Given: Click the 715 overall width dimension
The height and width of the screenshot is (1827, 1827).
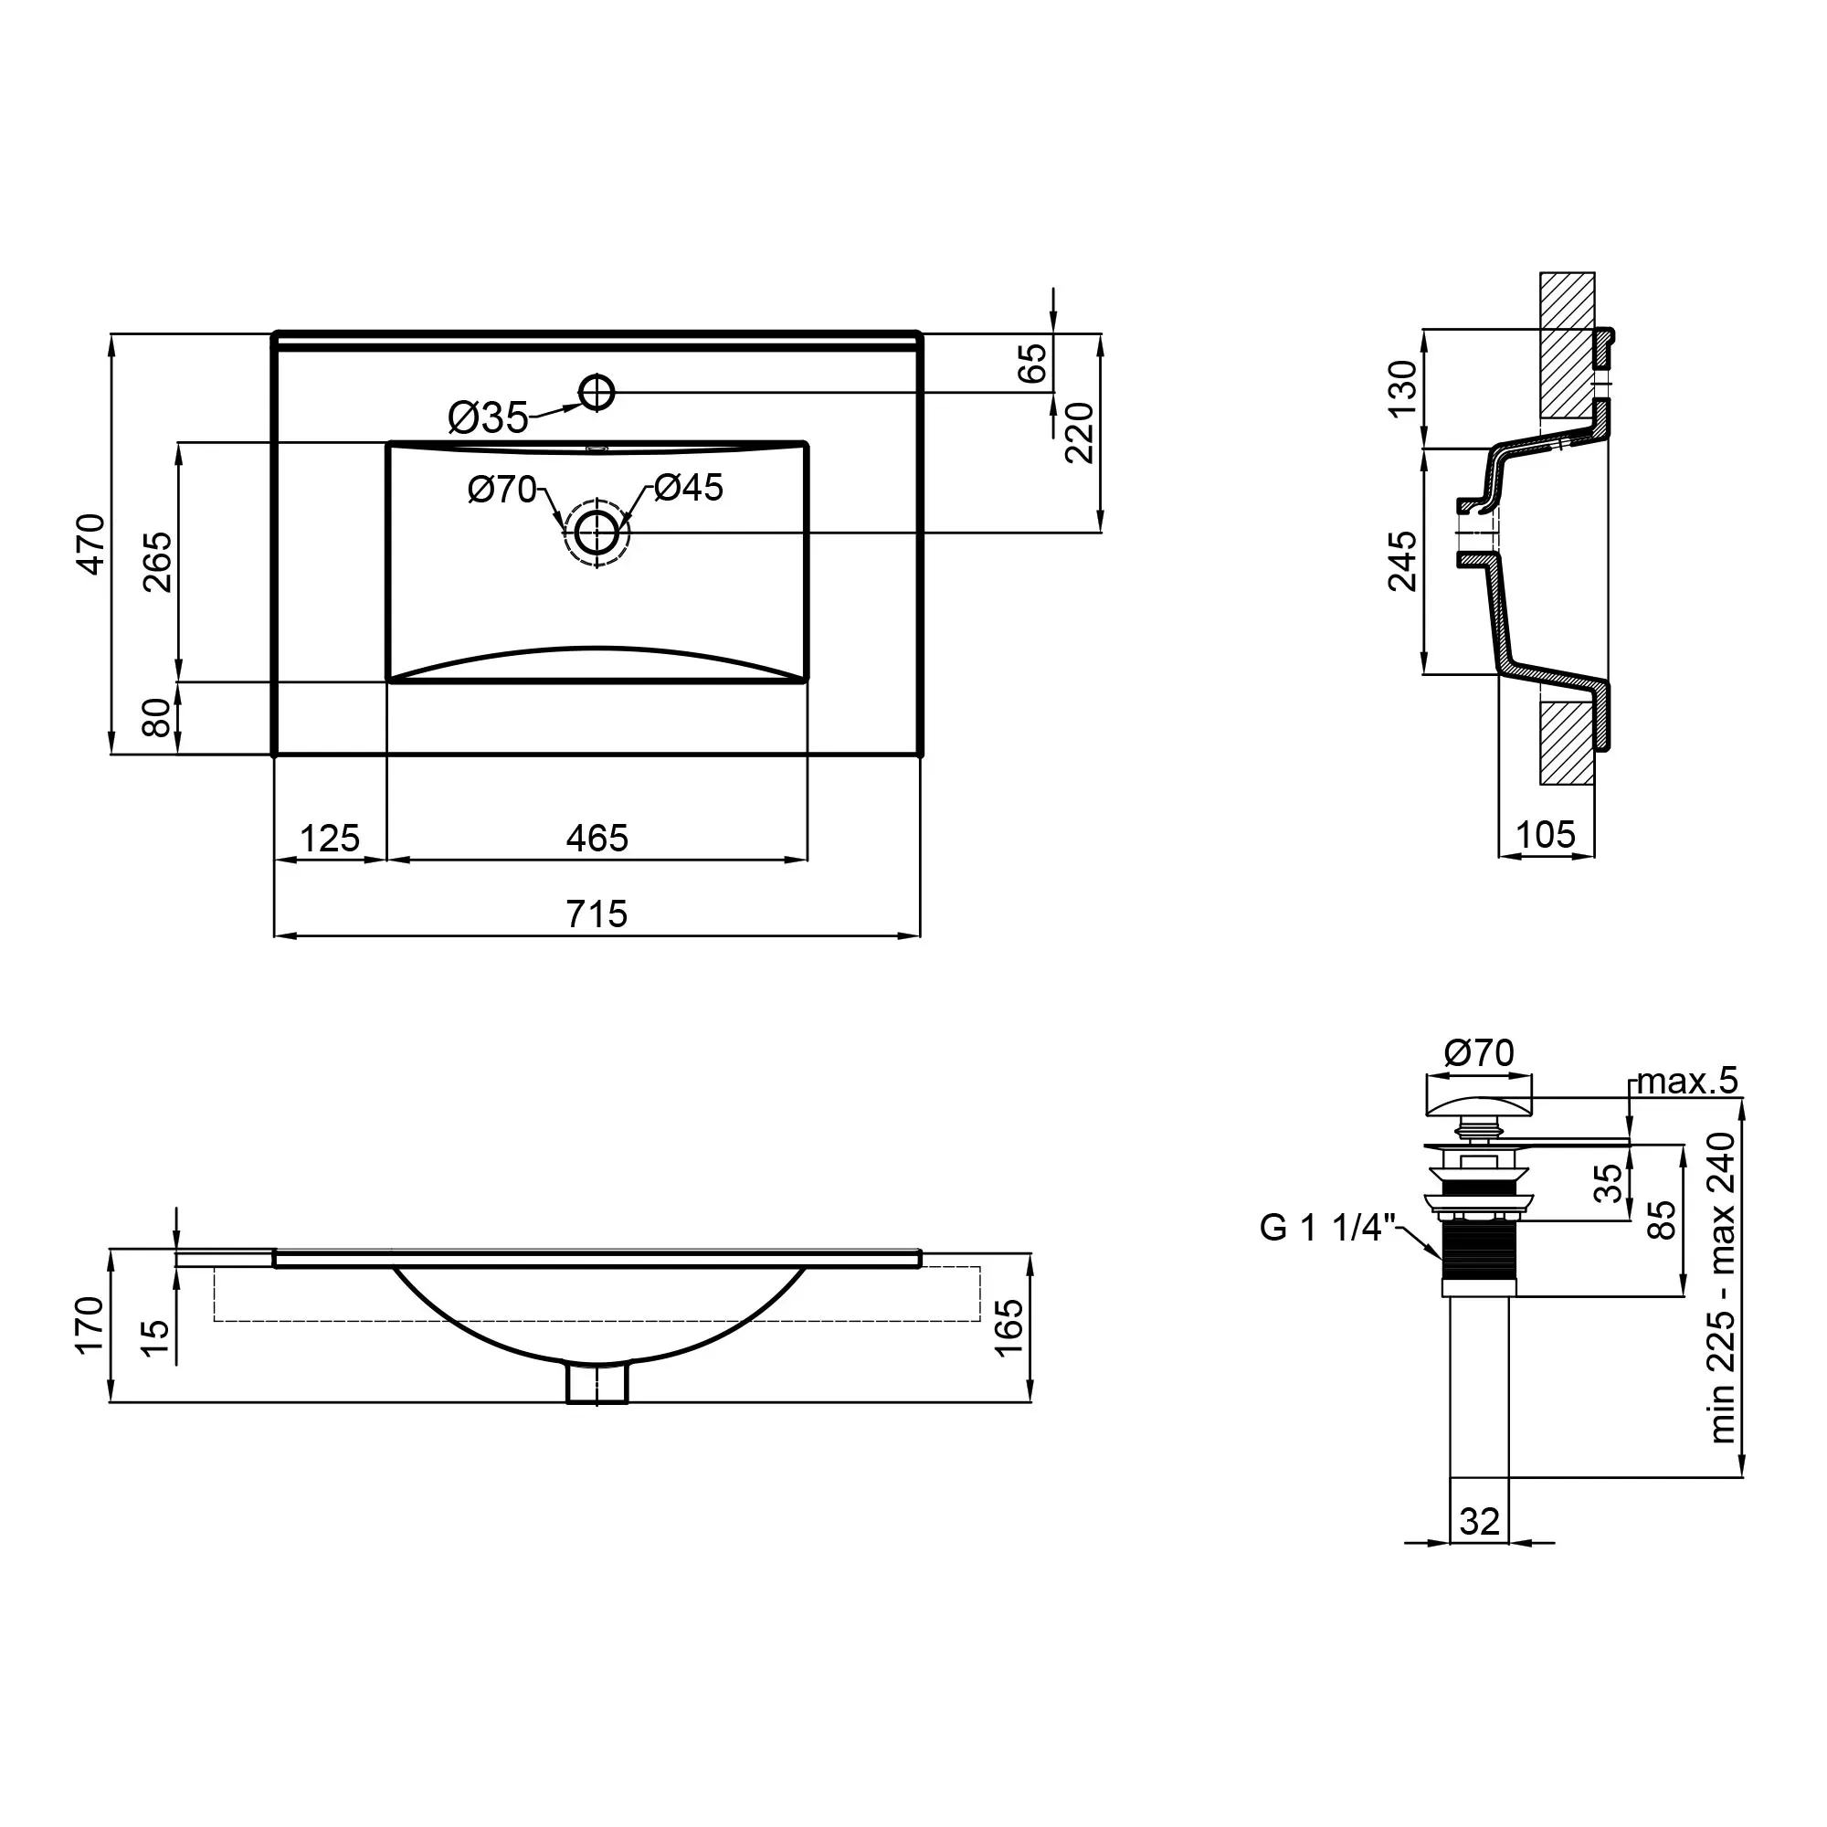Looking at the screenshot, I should point(597,914).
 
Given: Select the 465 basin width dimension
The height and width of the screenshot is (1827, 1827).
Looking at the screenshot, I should point(597,839).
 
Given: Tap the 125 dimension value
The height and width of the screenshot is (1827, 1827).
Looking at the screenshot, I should point(329,839).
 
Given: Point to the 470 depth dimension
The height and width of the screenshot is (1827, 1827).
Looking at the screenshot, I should point(91,544).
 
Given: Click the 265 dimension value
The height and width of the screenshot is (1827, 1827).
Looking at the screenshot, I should point(158,562).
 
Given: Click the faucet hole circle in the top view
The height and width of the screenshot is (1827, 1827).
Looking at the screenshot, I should point(597,392).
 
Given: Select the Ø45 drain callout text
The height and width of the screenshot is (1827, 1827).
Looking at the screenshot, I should point(689,488).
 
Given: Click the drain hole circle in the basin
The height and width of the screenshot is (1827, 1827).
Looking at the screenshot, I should point(597,533).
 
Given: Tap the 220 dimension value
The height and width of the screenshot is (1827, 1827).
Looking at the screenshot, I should point(1079,432).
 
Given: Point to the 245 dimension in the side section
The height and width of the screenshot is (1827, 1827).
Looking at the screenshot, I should point(1403,562).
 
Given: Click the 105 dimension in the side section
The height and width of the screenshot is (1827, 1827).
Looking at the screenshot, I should point(1547,835).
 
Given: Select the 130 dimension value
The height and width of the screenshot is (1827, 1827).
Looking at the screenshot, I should point(1403,387).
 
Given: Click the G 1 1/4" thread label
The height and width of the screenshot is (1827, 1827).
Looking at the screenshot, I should point(1327,1229).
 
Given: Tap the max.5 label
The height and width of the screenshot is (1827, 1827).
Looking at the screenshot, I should point(1687,1081).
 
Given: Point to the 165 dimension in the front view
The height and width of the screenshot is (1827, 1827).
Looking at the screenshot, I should point(1009,1326).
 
